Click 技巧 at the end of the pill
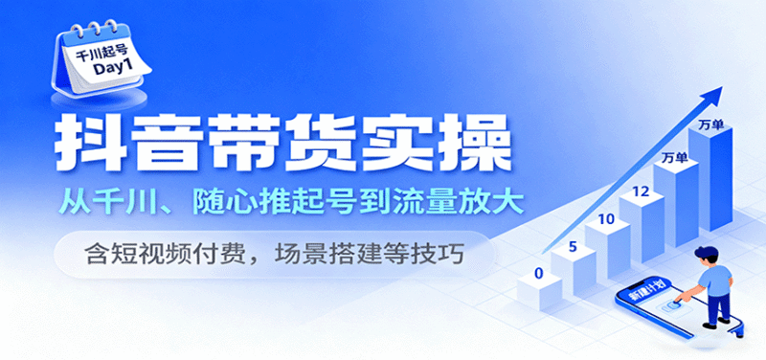(x=463, y=253)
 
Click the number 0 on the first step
(x=539, y=274)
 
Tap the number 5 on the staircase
(x=571, y=246)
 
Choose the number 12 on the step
(x=642, y=191)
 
